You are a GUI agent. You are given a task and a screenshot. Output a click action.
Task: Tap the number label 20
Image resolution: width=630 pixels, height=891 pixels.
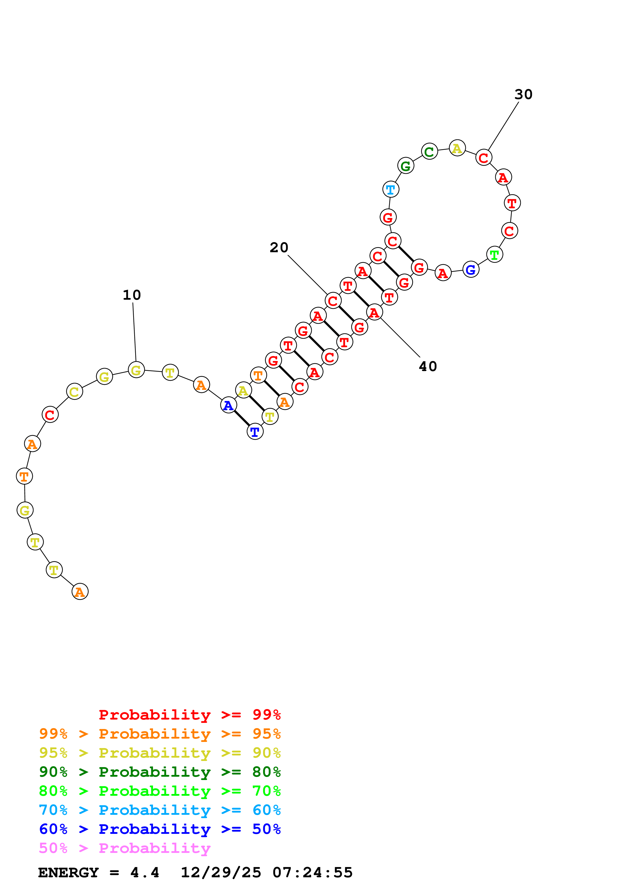(279, 248)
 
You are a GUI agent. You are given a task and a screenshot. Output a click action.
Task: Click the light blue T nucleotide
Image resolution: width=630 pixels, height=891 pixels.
(391, 190)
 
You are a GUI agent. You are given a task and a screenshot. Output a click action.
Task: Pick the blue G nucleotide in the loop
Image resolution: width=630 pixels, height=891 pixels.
(470, 270)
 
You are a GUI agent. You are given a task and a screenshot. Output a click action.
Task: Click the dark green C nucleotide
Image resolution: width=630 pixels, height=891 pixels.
(429, 152)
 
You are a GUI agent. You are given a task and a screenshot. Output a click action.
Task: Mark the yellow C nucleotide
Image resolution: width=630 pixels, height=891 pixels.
(74, 392)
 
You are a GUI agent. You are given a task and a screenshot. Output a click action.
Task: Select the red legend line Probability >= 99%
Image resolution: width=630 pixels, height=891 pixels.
(189, 715)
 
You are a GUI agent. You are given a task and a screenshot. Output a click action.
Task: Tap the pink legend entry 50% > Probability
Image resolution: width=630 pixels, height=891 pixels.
(125, 848)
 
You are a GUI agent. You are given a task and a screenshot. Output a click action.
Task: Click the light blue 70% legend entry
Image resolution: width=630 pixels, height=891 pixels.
(160, 810)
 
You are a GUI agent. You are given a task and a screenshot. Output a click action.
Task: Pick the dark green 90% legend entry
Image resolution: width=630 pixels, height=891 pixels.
(160, 772)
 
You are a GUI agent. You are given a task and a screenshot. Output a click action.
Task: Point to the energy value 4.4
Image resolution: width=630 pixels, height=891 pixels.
(144, 873)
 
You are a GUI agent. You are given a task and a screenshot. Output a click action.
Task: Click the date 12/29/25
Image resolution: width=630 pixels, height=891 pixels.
(221, 873)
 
